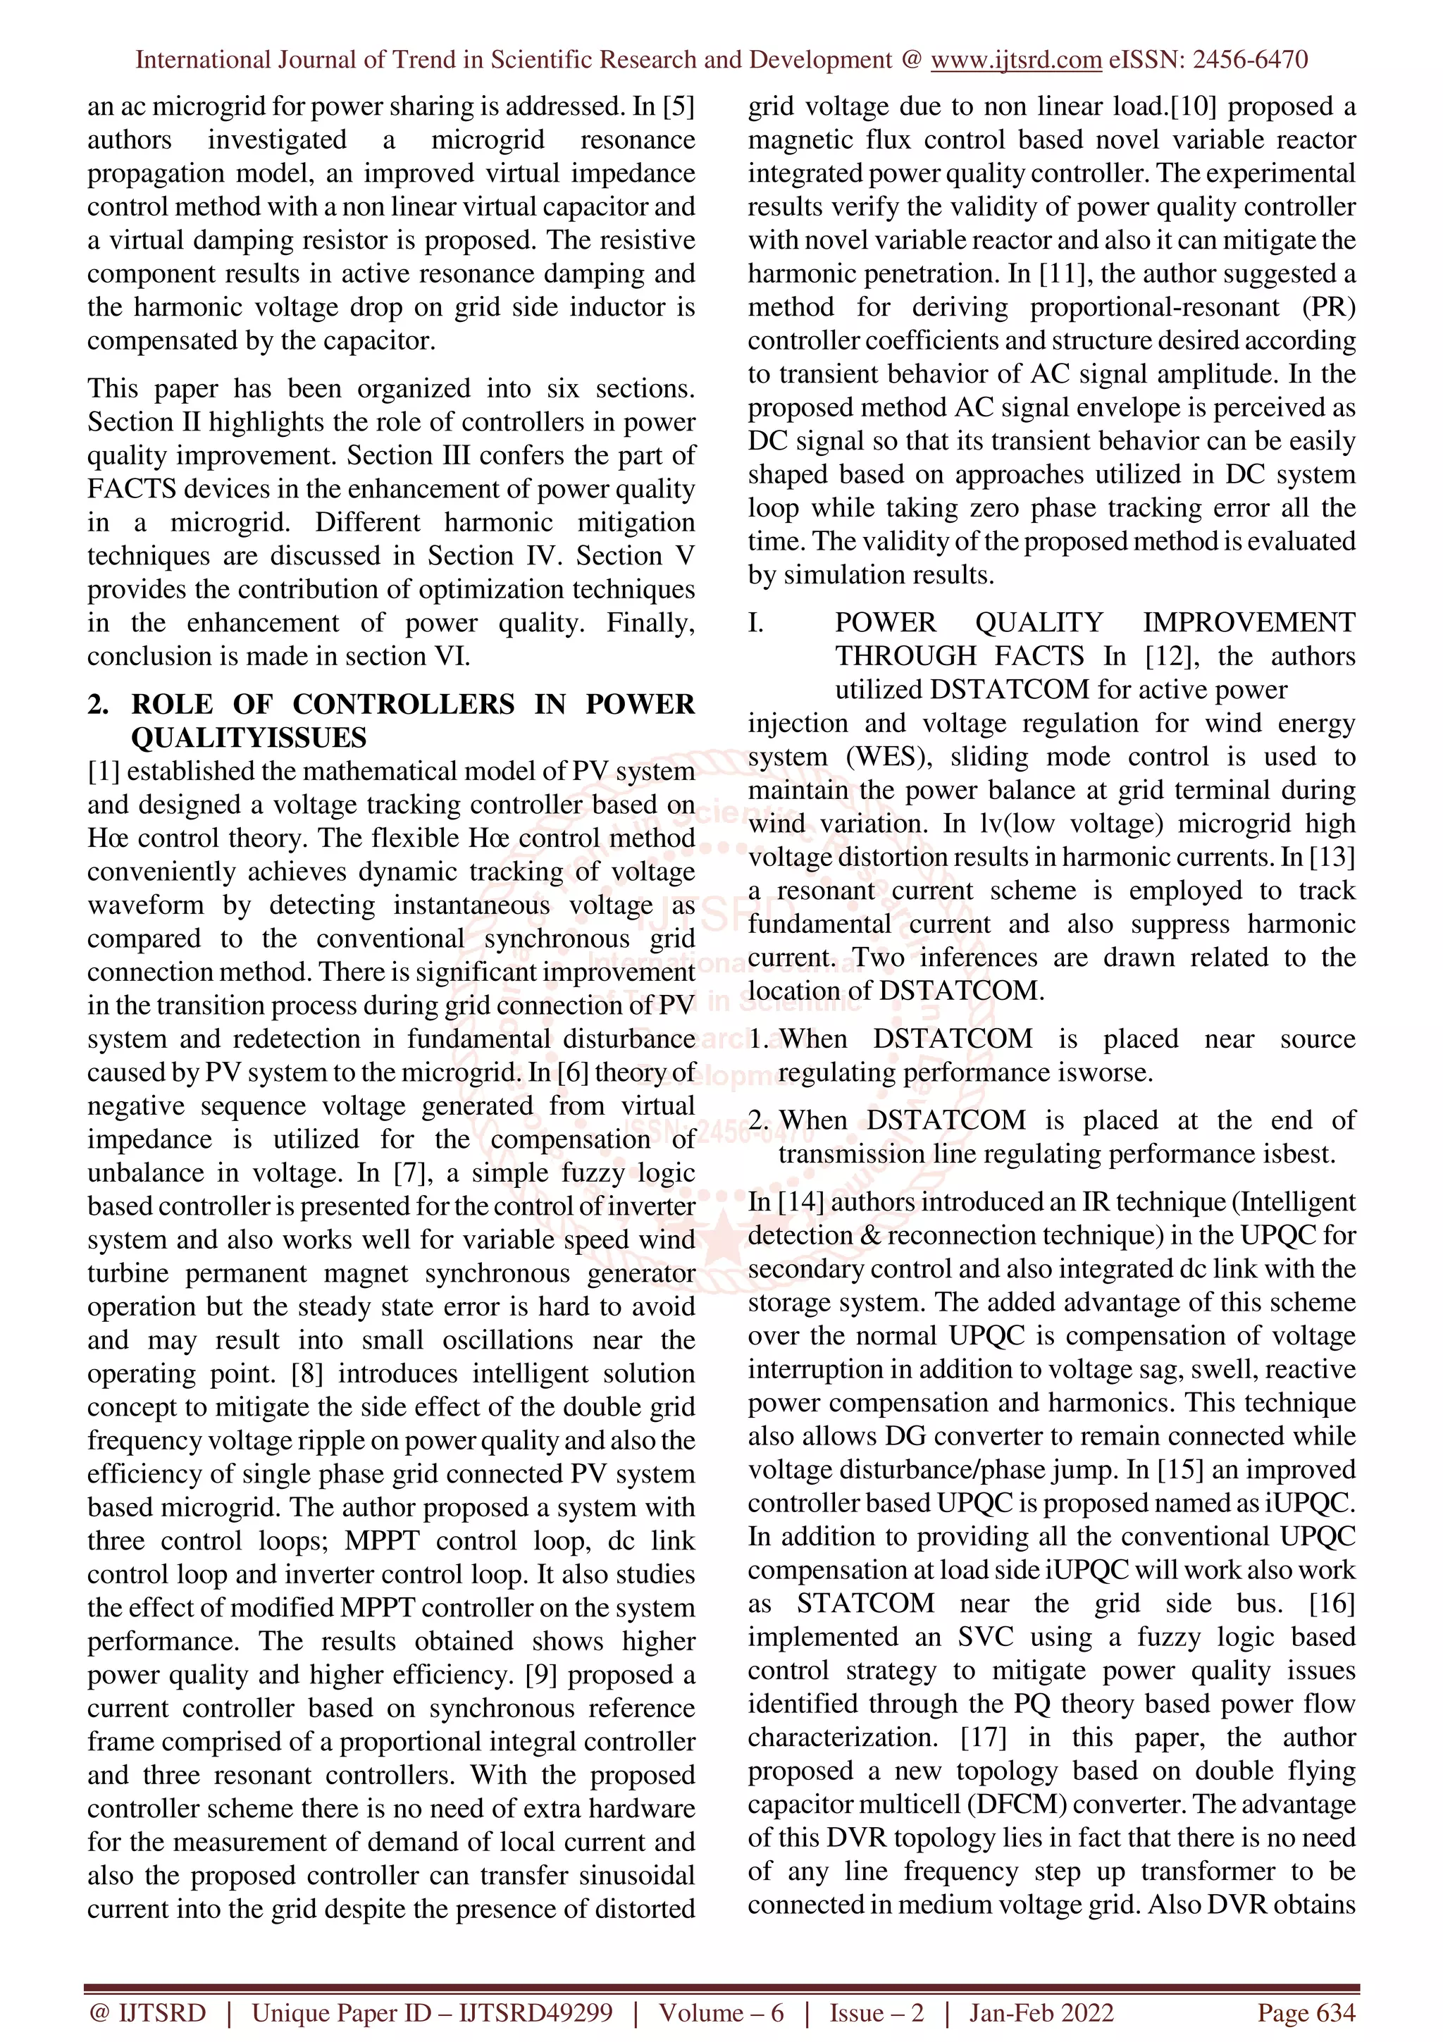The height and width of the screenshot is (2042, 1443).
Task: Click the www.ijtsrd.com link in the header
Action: click(x=1015, y=60)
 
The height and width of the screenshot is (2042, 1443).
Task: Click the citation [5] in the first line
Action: click(x=678, y=106)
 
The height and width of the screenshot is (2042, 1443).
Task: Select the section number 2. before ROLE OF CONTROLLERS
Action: click(x=99, y=705)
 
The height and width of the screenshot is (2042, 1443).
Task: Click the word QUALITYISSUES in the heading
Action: click(x=248, y=737)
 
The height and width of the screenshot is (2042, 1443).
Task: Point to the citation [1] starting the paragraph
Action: click(x=103, y=771)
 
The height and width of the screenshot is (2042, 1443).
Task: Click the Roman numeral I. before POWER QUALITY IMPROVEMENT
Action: click(x=756, y=623)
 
